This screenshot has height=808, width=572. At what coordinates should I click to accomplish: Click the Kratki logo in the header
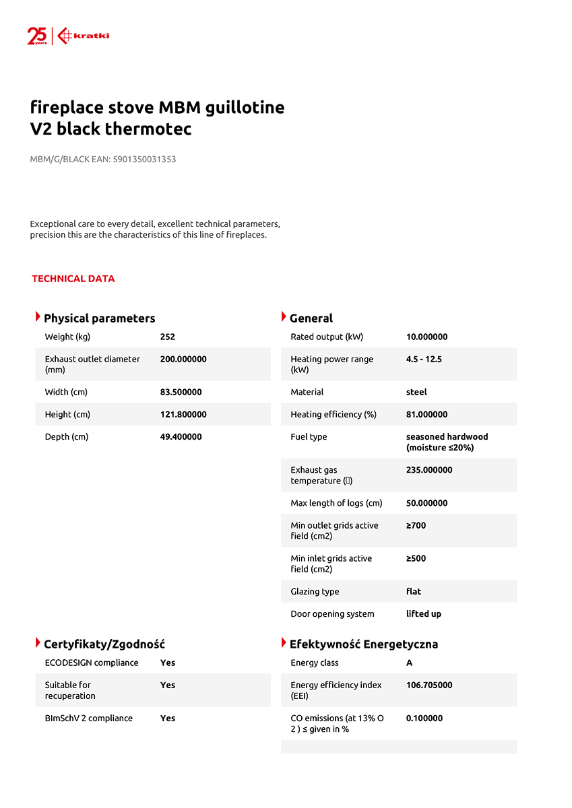pos(84,36)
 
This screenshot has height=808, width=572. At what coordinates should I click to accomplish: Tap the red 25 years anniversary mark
pos(36,36)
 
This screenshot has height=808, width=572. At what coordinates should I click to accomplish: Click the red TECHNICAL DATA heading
pos(73,279)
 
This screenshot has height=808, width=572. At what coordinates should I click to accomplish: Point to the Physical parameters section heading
pos(99,318)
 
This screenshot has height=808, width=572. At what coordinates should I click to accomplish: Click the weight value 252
pos(168,337)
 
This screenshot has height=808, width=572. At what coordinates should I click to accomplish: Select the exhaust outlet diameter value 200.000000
pos(183,359)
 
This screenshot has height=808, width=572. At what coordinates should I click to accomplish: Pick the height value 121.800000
pos(183,414)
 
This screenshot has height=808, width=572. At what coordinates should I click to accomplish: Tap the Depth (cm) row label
pos(67,436)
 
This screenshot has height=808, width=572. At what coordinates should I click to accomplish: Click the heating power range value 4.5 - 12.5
pos(424,359)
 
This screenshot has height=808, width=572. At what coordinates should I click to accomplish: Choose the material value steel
pos(416,392)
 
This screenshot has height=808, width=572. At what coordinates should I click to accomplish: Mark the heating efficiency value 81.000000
pos(426,414)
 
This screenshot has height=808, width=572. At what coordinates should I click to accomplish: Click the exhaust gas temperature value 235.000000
pos(429,470)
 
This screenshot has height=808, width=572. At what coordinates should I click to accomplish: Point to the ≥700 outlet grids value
pos(416,525)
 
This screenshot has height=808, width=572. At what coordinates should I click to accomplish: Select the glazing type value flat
pos(414,591)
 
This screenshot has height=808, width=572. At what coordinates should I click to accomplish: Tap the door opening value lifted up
pos(424,613)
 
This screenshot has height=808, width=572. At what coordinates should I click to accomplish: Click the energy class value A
pos(410,663)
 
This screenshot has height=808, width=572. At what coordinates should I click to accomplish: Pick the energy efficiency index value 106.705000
pos(429,685)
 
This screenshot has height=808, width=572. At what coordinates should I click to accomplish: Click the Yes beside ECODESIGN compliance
pos(168,663)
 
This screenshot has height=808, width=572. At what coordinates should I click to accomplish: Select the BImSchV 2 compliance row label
pos(89,718)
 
